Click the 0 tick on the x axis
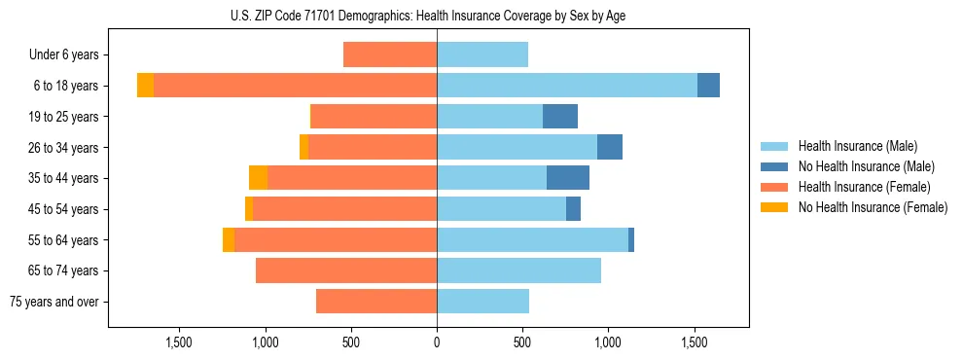pos(437,342)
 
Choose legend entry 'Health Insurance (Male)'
pos(857,146)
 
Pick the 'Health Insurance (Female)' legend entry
pos(864,187)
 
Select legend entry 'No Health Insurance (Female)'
pos(873,207)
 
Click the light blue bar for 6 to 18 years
pos(567,86)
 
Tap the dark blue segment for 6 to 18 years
pos(708,86)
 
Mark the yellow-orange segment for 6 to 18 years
pos(145,86)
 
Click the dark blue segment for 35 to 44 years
pos(568,178)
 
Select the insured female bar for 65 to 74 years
pos(346,270)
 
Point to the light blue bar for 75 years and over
pos(482,302)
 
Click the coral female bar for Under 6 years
pos(390,54)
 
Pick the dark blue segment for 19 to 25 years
pos(560,117)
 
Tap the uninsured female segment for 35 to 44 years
pos(258,178)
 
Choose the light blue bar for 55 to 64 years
pos(532,239)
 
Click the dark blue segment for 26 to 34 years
pos(610,147)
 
